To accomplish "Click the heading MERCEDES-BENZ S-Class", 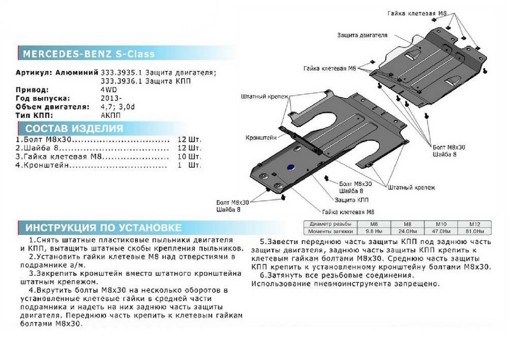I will click(88, 54).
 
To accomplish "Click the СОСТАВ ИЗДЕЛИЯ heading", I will click(74, 129).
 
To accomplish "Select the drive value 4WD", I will click(109, 90).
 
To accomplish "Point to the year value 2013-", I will click(110, 98).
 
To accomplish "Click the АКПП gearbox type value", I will click(110, 115).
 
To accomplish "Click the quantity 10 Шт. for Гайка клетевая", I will click(189, 157).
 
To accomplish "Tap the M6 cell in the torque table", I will click(374, 224).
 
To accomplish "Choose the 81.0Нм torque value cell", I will click(474, 231).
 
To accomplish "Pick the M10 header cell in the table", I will click(441, 224).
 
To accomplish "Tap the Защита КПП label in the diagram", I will click(352, 199).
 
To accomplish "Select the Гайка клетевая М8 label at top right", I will click(417, 14).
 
